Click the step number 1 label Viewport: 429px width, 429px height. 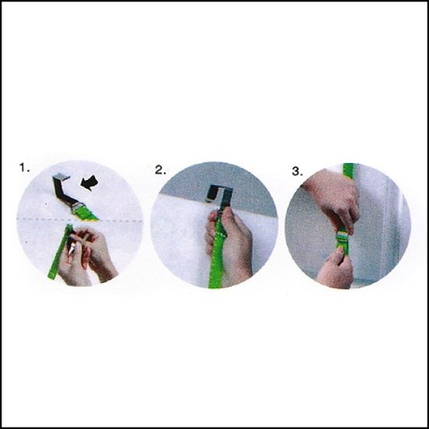(24, 167)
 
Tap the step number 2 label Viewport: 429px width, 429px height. (160, 170)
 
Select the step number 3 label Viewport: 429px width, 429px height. (297, 172)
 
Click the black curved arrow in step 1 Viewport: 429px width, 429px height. (90, 183)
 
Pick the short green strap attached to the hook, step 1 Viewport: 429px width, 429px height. (85, 214)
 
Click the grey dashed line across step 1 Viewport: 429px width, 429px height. (80, 219)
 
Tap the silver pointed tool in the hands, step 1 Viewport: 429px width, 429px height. (72, 247)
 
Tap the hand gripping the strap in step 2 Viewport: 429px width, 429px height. (232, 246)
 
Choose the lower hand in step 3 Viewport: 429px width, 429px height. (335, 270)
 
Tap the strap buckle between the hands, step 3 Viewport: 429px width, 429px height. (343, 237)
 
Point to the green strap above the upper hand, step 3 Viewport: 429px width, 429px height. (349, 170)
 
